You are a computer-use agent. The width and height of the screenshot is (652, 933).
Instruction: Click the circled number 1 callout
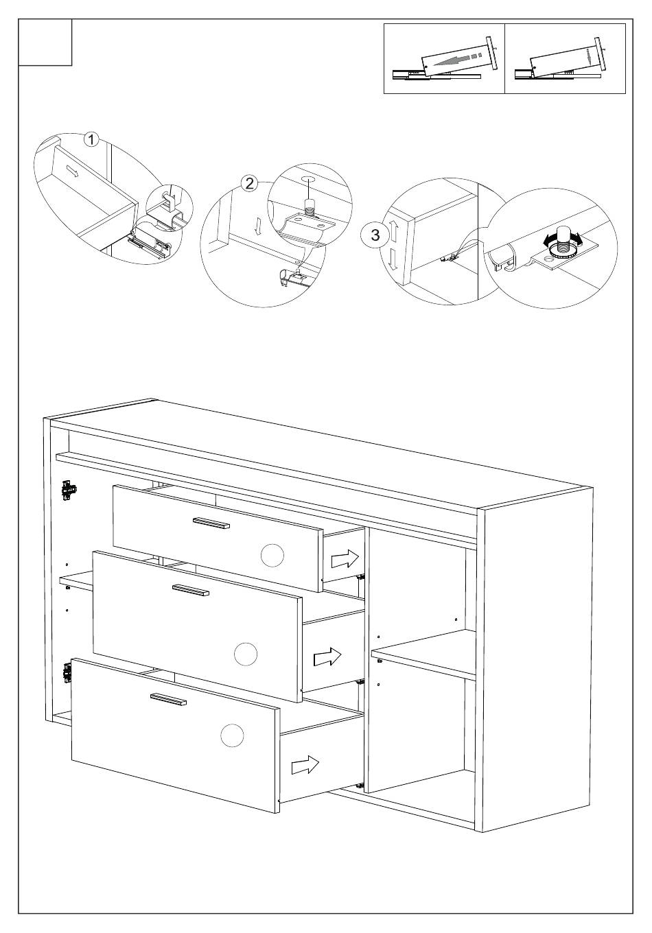[91, 139]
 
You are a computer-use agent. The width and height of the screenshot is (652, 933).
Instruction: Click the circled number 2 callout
[249, 182]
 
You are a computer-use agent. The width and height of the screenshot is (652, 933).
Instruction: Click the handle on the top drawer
[211, 523]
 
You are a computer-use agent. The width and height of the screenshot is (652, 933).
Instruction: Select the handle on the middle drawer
[190, 591]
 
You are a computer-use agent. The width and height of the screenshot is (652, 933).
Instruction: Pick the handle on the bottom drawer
[168, 699]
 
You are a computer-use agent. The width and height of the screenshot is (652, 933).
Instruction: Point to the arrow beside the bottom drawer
[305, 764]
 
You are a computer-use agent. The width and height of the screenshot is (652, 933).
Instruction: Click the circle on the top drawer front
[272, 555]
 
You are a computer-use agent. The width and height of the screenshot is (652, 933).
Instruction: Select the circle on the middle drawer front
[245, 654]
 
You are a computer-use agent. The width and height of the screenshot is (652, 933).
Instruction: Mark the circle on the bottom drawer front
[232, 735]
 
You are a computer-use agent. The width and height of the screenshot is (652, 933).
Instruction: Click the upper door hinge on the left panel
[69, 490]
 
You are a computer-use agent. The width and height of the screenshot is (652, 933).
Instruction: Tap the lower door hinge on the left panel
[67, 672]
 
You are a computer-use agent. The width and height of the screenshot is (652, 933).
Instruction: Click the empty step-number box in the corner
[45, 43]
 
